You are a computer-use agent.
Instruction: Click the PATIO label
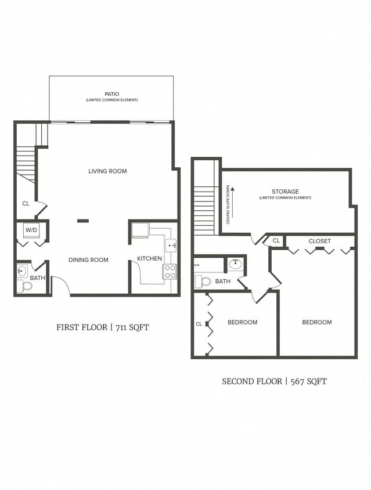click(x=111, y=93)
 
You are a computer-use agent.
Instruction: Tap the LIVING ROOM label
click(x=107, y=171)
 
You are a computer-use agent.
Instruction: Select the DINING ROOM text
click(x=88, y=260)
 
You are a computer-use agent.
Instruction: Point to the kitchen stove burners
click(x=170, y=271)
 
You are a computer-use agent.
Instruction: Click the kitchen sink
click(x=171, y=246)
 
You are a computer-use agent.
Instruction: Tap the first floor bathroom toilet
click(x=25, y=286)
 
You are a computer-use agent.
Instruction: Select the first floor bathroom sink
click(x=23, y=271)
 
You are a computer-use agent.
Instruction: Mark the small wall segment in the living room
click(x=83, y=221)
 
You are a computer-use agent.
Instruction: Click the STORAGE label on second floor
click(x=285, y=192)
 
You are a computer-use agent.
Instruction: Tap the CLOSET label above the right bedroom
click(x=319, y=241)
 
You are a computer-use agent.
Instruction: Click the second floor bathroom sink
click(x=235, y=265)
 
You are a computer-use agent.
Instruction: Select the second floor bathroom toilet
click(x=205, y=282)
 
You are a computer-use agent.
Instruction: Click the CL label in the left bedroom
click(x=199, y=324)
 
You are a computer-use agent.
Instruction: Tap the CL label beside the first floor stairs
click(x=26, y=204)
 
